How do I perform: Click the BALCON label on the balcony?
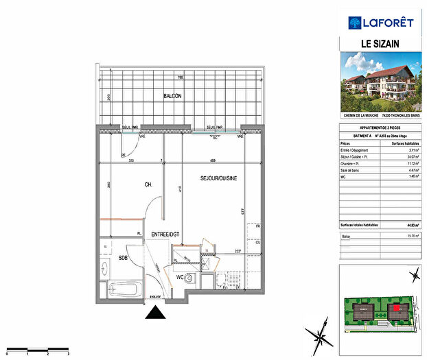click(x=172, y=96)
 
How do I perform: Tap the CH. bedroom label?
click(x=129, y=184)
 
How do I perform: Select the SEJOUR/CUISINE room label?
click(x=218, y=178)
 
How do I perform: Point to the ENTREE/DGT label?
click(x=165, y=235)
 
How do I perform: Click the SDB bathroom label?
click(x=124, y=258)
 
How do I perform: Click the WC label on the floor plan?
click(x=179, y=278)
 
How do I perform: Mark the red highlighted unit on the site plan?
click(x=395, y=309)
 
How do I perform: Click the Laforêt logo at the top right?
click(x=381, y=23)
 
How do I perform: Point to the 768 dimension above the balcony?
click(x=180, y=78)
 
